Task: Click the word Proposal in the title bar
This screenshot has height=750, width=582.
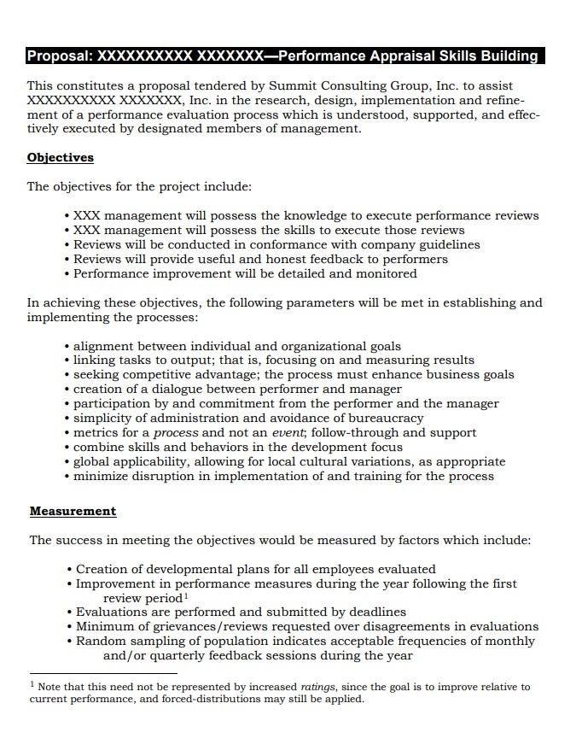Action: [59, 56]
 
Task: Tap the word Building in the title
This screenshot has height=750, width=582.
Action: [507, 56]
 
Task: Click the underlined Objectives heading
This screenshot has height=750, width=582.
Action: [60, 157]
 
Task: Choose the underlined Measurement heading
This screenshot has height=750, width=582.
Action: [73, 511]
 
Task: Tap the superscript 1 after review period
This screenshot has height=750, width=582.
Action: [185, 596]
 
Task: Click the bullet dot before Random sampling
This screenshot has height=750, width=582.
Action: [69, 641]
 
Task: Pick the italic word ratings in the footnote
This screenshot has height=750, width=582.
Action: [317, 686]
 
